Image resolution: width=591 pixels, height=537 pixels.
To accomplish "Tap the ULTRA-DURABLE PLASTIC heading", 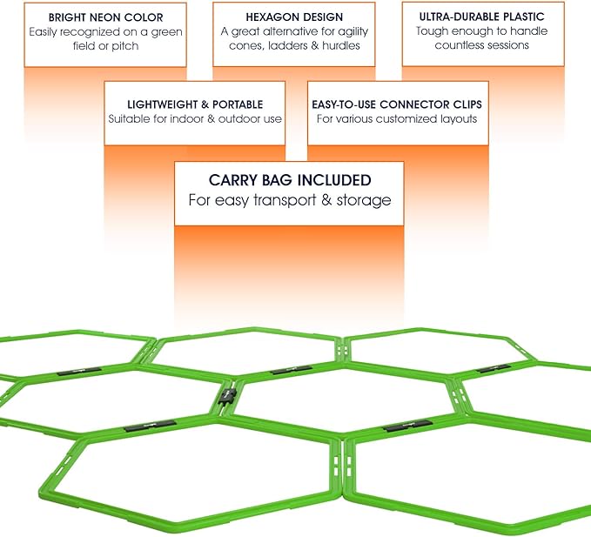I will (x=481, y=17).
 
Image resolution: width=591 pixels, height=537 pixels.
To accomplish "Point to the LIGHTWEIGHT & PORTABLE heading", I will (x=195, y=104).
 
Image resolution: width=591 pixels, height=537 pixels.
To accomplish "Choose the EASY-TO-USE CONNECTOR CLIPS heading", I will (x=397, y=104).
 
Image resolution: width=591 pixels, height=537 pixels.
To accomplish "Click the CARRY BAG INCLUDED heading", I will (x=289, y=180).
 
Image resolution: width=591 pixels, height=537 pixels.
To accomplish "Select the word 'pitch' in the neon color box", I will (x=125, y=45).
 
